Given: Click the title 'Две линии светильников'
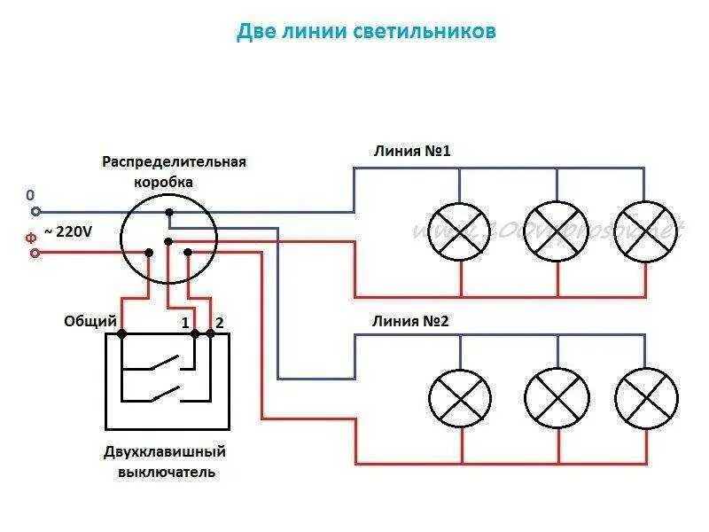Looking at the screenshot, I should point(366,32).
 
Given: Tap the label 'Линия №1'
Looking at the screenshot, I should point(413,152).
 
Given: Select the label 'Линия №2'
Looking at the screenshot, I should point(411,320).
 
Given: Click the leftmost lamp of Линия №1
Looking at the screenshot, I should point(459,231).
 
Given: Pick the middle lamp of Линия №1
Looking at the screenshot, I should point(557,231).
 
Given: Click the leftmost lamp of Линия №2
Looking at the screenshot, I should point(460,398).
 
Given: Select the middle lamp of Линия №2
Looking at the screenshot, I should point(557,398).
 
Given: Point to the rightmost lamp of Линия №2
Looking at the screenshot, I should point(647,398).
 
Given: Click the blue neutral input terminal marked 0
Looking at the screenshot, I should point(35,212).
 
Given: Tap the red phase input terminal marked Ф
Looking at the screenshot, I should point(35,253).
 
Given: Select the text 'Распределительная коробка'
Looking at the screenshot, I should point(174,171).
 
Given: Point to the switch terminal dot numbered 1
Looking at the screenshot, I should point(196,333).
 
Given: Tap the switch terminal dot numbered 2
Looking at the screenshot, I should point(211,333).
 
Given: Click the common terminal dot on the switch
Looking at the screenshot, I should point(121,333).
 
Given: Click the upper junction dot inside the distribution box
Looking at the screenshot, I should point(169,212).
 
